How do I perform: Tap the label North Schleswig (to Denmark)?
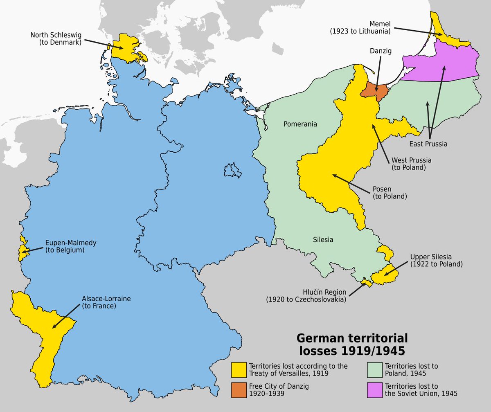tap(56, 38)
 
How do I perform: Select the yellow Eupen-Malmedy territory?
tap(21, 249)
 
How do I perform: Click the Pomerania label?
tap(300, 124)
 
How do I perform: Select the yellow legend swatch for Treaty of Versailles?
tap(239, 370)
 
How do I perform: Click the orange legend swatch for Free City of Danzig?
tap(239, 390)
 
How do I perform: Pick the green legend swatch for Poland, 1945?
tap(374, 370)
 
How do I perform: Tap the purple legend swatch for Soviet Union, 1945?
tap(374, 390)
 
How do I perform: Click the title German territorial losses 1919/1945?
tap(352, 344)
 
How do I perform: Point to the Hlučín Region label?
tap(306, 296)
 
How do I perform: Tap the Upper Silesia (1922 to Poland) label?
tap(436, 261)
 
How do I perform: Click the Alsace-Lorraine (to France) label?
tap(106, 302)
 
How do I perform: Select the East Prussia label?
tap(428, 144)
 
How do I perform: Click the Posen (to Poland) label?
tap(390, 193)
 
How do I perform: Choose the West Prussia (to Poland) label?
tap(411, 164)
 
